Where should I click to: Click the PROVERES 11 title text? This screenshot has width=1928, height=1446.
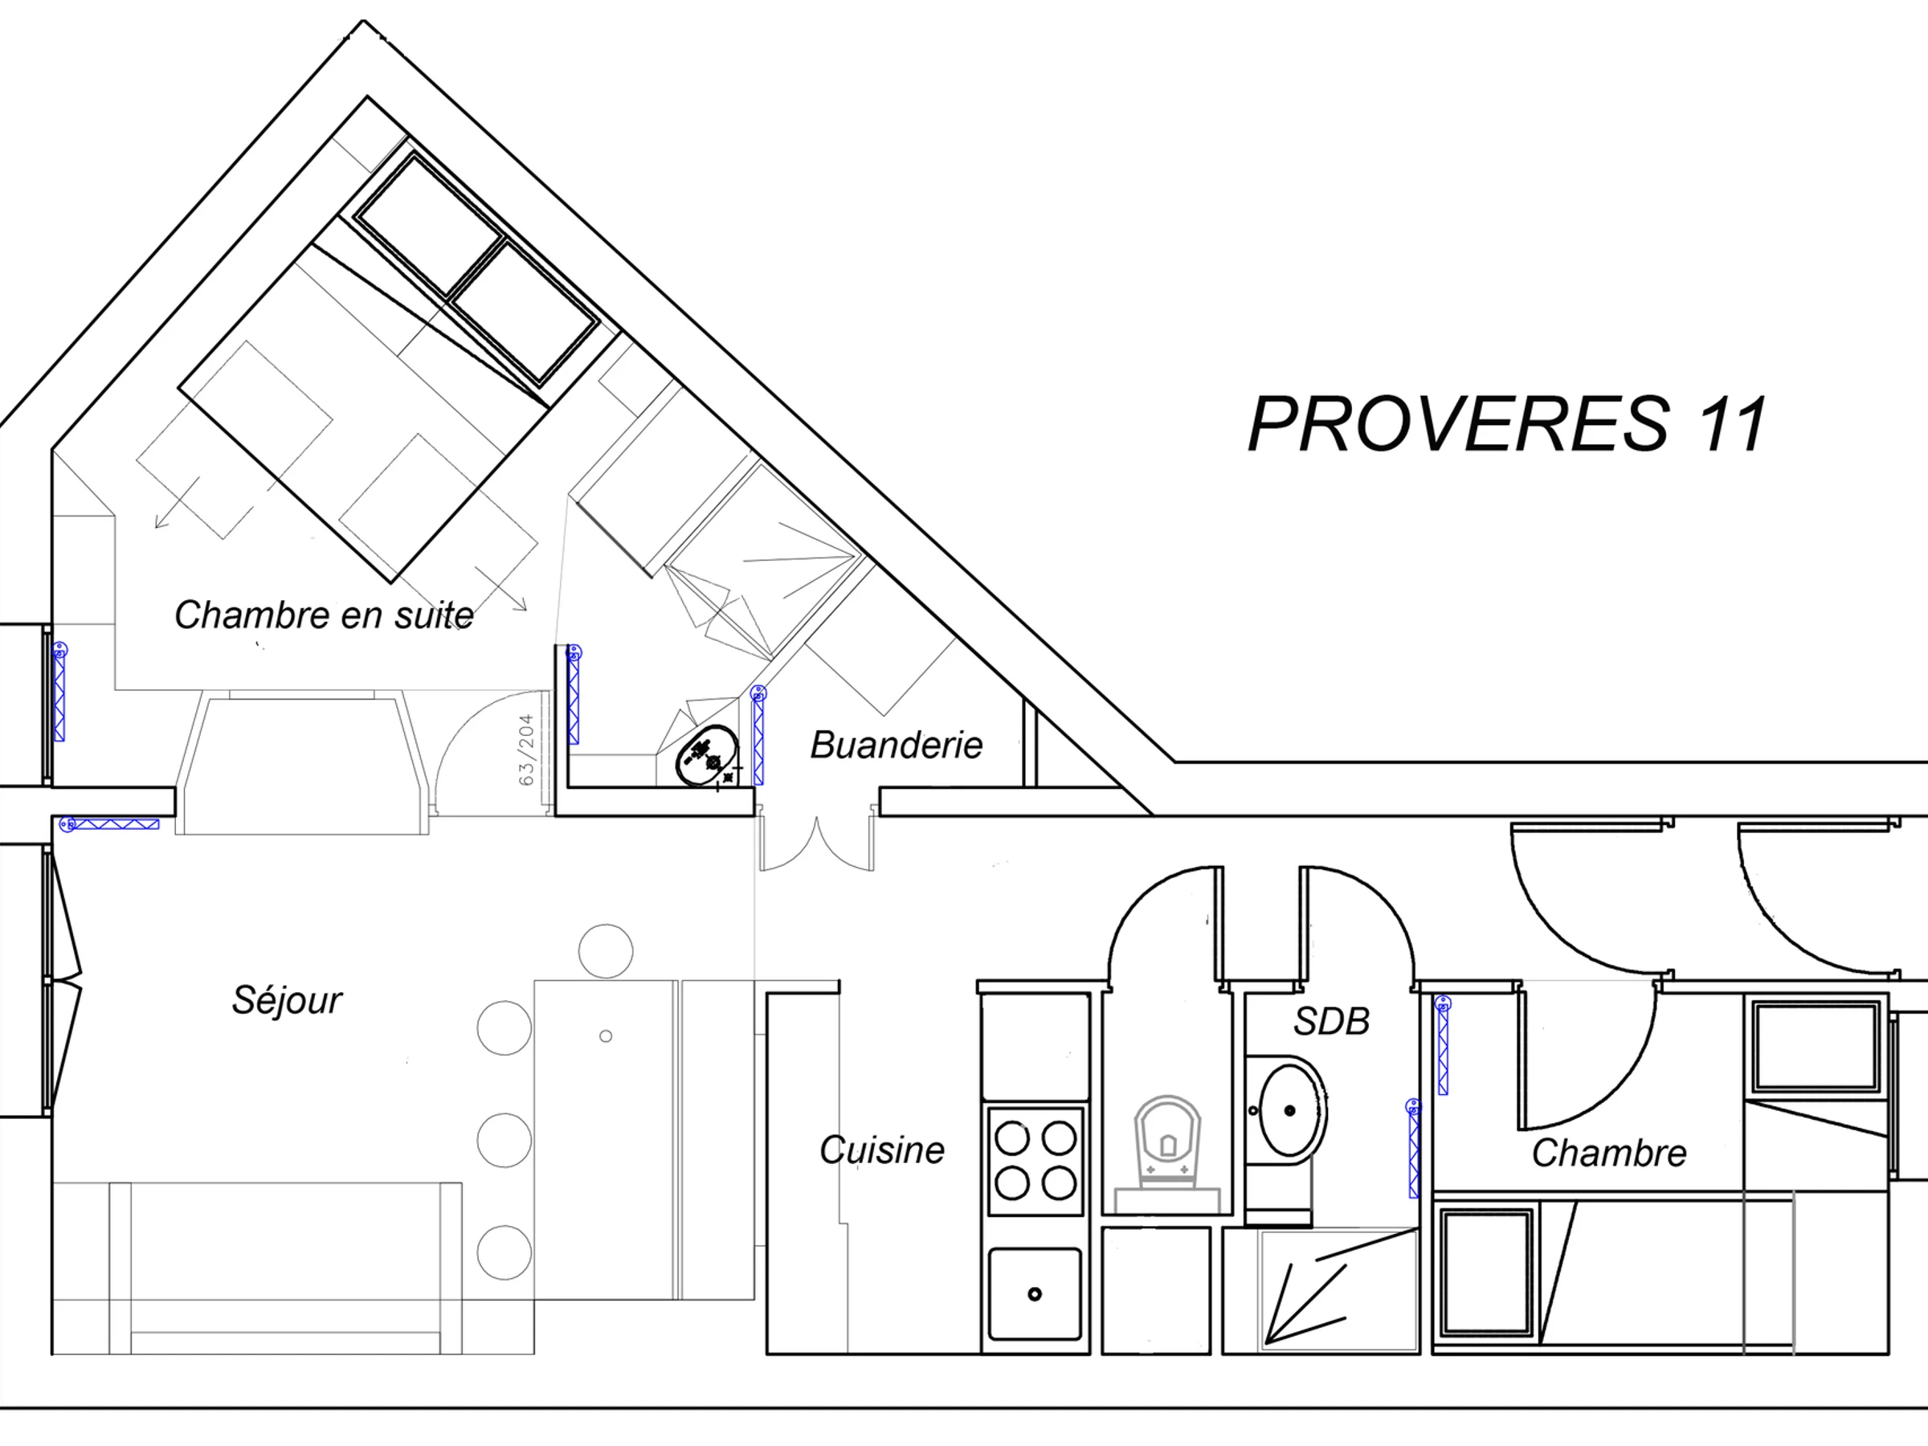[1507, 423]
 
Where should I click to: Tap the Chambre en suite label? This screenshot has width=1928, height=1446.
[325, 615]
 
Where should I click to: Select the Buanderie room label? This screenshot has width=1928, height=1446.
[896, 745]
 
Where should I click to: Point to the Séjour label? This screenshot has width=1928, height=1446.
[287, 999]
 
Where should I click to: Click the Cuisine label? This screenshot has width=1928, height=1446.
[882, 1150]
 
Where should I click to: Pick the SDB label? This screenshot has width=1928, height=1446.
[1331, 1022]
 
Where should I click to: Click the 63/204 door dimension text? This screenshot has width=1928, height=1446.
[526, 750]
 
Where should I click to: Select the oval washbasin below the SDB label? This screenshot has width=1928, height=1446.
[1290, 1110]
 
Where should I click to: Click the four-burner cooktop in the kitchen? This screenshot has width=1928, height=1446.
[1035, 1161]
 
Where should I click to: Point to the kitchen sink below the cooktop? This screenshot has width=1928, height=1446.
[1035, 1293]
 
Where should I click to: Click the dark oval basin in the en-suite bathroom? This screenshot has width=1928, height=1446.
[707, 755]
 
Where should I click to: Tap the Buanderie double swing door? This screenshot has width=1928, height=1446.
[817, 843]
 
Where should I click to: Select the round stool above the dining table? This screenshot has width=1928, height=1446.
[606, 951]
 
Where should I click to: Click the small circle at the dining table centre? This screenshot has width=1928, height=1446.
[606, 1036]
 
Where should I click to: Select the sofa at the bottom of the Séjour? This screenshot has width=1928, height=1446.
[286, 1268]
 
